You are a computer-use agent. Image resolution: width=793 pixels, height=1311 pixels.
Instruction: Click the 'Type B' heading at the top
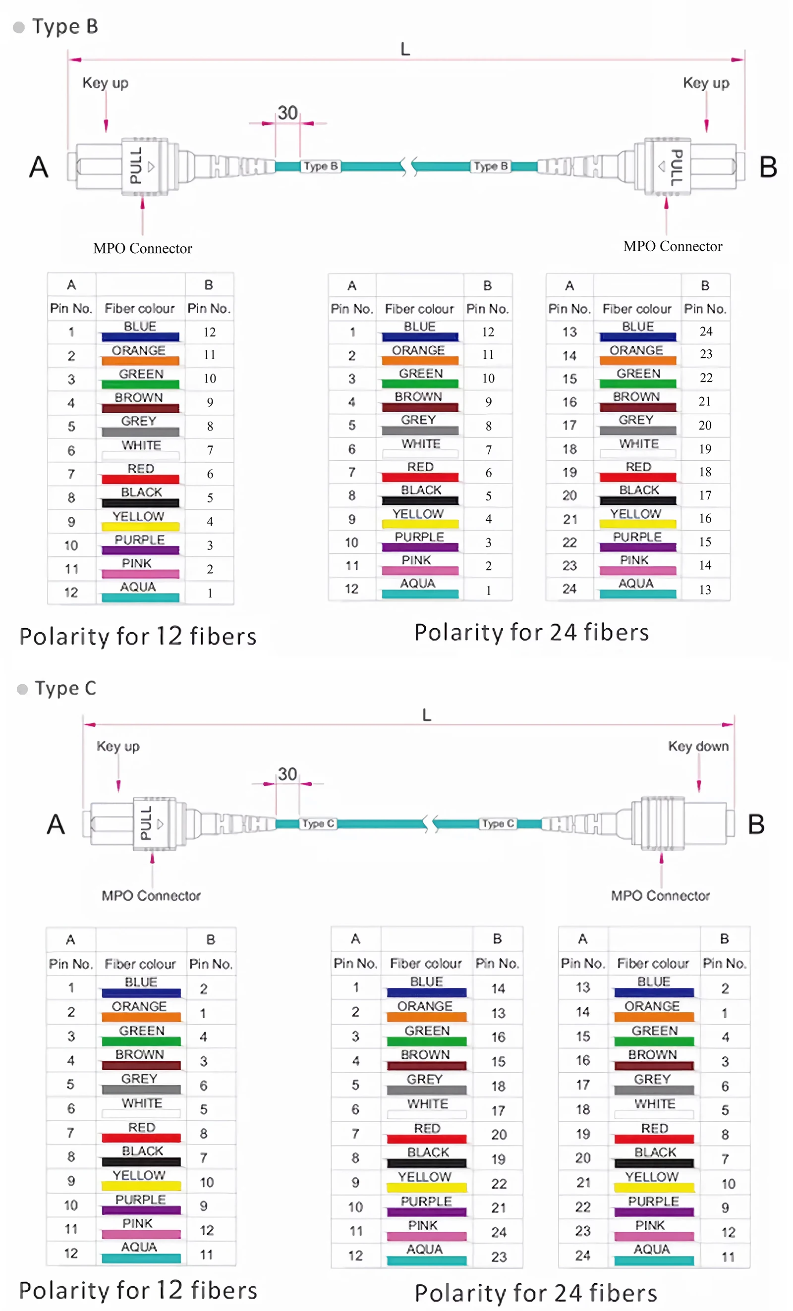point(65,26)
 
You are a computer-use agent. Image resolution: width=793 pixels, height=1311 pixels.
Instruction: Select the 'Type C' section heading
point(65,688)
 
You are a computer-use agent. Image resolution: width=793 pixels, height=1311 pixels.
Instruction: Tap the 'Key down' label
point(698,746)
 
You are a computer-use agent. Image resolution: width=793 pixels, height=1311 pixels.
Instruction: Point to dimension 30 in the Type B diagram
point(287,113)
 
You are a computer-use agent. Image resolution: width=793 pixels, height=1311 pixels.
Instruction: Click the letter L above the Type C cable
point(426,714)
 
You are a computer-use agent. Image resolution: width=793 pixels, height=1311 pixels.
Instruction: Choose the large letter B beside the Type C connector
point(756,824)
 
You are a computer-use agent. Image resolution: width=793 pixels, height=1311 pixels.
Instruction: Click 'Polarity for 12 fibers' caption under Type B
point(138,636)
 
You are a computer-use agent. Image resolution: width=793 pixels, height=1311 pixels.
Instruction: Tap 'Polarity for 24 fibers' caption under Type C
point(535,1292)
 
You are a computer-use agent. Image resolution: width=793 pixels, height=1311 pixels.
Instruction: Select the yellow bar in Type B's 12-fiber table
point(140,527)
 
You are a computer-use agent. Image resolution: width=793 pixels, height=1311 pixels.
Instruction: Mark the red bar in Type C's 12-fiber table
point(141,1138)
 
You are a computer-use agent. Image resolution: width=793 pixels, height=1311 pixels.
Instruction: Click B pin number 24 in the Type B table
point(706,331)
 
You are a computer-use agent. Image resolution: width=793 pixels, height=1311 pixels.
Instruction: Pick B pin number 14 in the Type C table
point(498,988)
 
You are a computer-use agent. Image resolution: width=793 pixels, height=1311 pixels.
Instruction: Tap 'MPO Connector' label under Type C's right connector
point(660,895)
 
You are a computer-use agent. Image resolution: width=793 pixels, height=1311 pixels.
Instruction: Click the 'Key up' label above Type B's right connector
point(706,83)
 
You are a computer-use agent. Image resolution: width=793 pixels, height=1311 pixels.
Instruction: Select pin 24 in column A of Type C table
point(583,1255)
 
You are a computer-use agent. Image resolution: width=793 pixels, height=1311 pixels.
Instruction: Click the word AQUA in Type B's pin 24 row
point(635,583)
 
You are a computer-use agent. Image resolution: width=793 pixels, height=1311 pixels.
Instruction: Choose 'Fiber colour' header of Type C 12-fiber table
point(140,964)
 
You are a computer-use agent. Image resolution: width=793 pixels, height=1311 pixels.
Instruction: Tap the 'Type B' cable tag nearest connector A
point(320,166)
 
